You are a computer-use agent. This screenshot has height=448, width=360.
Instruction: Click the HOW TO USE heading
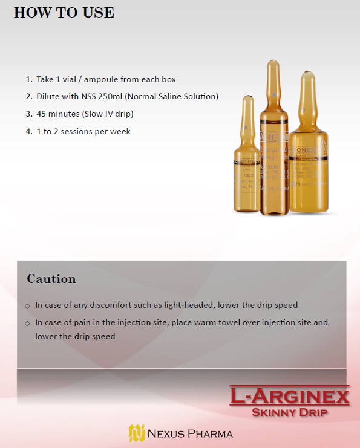(64, 12)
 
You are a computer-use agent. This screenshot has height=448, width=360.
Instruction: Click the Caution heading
(51, 279)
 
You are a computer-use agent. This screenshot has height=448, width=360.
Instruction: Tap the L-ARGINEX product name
(289, 397)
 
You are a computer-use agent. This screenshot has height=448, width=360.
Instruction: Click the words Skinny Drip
(289, 413)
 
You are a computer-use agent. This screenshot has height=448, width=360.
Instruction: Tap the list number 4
(28, 131)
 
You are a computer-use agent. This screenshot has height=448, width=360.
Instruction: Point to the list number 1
(28, 79)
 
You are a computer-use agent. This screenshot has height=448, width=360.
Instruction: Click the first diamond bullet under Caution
(27, 305)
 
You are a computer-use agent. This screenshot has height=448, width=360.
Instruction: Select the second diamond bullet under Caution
(27, 323)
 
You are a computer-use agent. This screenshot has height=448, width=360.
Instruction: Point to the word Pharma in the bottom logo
(209, 433)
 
